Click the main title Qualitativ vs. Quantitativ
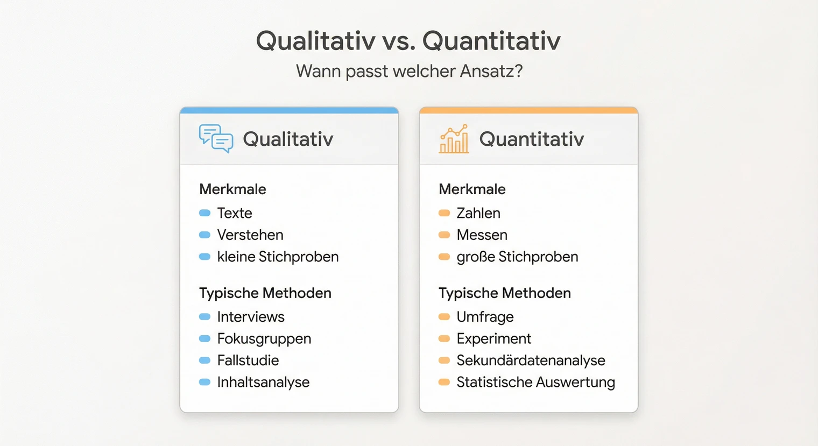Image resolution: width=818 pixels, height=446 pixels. pyautogui.click(x=408, y=41)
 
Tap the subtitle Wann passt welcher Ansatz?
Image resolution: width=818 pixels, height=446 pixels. pyautogui.click(x=409, y=71)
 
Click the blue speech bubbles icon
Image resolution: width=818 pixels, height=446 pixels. pyautogui.click(x=216, y=138)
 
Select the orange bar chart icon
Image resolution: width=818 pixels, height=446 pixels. pyautogui.click(x=454, y=139)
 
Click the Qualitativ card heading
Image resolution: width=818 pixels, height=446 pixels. pyautogui.click(x=288, y=139)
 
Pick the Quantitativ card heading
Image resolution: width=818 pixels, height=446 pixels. pyautogui.click(x=531, y=139)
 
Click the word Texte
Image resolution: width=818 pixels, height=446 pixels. pyautogui.click(x=235, y=213)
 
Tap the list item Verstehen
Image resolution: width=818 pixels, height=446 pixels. pyautogui.click(x=250, y=235)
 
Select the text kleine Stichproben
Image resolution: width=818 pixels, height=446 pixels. pyautogui.click(x=278, y=257)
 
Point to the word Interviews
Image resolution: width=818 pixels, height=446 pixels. pyautogui.click(x=251, y=317)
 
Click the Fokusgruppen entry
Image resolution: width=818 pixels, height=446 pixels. pyautogui.click(x=264, y=339)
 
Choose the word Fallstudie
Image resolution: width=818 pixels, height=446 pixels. pyautogui.click(x=248, y=360)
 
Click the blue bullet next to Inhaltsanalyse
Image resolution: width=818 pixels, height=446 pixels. pyautogui.click(x=204, y=383)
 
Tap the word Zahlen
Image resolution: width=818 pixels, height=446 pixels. pyautogui.click(x=478, y=213)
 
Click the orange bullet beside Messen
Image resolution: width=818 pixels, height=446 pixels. pyautogui.click(x=444, y=235)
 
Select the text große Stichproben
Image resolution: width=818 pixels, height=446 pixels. pyautogui.click(x=517, y=257)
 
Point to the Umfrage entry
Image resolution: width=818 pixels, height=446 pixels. pyautogui.click(x=485, y=317)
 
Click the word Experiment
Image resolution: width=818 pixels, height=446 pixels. pyautogui.click(x=493, y=339)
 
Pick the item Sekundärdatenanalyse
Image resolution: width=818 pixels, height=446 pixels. pyautogui.click(x=531, y=360)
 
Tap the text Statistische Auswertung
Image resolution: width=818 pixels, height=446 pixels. pyautogui.click(x=535, y=383)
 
